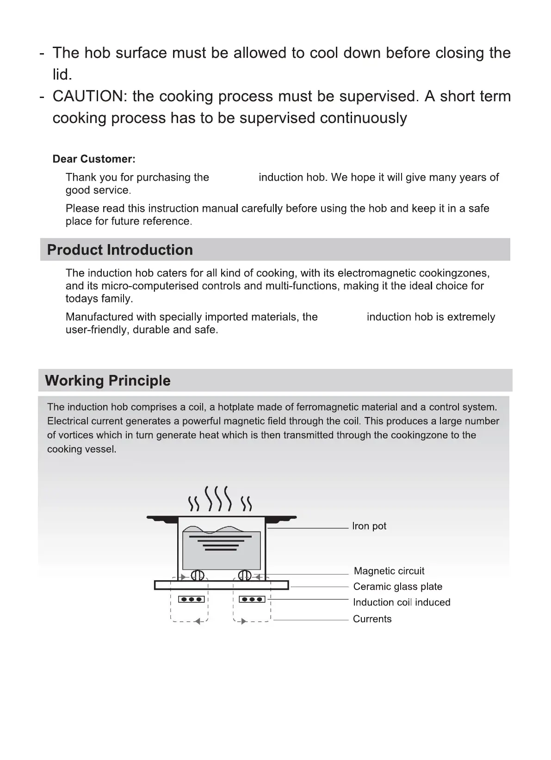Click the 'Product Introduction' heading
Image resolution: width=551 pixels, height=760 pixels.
(x=120, y=250)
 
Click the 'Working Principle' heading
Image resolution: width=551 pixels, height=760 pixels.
(x=107, y=381)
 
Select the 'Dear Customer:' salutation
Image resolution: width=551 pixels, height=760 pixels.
(x=94, y=159)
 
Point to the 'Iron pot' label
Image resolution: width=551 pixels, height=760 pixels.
(x=369, y=526)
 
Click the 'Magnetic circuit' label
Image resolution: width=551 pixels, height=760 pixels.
(x=389, y=571)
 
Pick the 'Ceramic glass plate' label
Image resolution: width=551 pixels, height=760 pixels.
(x=397, y=587)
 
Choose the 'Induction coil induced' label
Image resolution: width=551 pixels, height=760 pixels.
(x=401, y=602)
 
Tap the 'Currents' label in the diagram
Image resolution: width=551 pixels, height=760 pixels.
(x=372, y=619)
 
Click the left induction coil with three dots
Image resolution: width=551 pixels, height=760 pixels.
(x=191, y=600)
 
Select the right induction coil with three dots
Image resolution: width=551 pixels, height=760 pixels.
(x=252, y=600)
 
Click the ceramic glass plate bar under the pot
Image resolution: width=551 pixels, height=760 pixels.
(x=221, y=585)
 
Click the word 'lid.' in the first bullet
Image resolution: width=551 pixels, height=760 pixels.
(x=62, y=74)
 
